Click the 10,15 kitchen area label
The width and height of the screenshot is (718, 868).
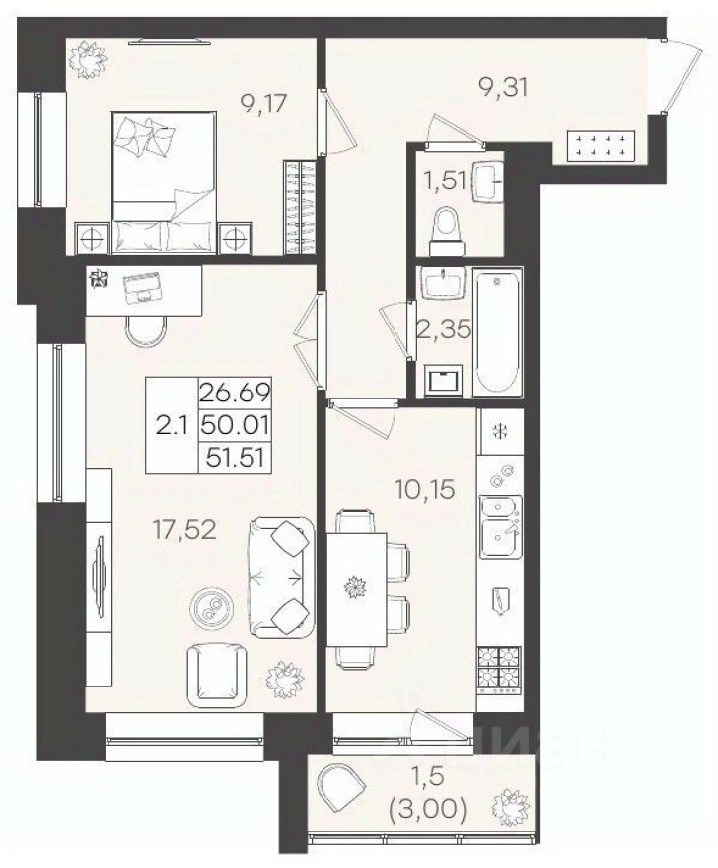coord(426,488)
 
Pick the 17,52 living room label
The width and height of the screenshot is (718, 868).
coord(184,531)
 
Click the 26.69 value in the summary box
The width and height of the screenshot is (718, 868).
coord(235,394)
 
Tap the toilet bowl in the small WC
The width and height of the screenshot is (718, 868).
coord(447,224)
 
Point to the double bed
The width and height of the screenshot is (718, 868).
coord(165,182)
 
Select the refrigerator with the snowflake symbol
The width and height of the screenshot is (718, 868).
coord(499,430)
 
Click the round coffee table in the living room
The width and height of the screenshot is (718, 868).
coord(211,607)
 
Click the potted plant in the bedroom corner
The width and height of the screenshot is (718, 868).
coord(88,59)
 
